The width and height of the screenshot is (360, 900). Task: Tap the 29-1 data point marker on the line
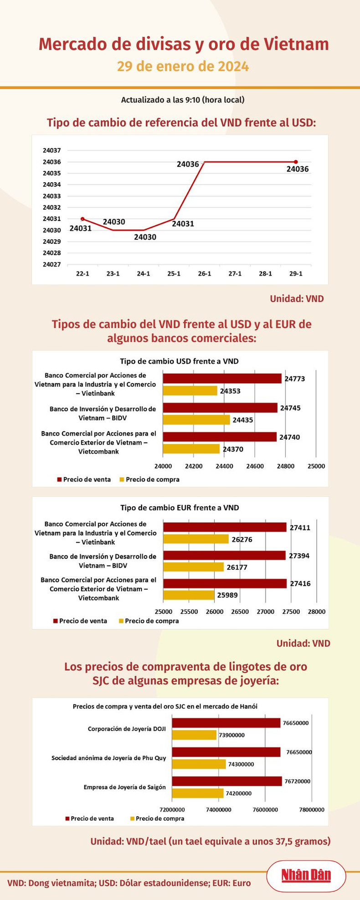pyautogui.click(x=296, y=162)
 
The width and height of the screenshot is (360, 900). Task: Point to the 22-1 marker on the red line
pyautogui.click(x=82, y=219)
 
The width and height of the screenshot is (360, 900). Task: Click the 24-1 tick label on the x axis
pyautogui.click(x=143, y=274)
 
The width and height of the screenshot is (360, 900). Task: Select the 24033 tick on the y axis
pyautogui.click(x=51, y=196)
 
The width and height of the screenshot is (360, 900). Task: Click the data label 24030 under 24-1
pyautogui.click(x=145, y=237)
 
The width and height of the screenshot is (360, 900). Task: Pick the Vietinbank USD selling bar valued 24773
pyautogui.click(x=222, y=378)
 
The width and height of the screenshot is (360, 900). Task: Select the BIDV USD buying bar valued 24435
pyautogui.click(x=196, y=420)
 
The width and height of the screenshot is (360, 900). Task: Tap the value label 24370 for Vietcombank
pyautogui.click(x=233, y=449)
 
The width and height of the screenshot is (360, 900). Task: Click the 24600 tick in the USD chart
pyautogui.click(x=255, y=466)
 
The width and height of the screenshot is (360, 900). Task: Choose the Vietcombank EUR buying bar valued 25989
pyautogui.click(x=189, y=595)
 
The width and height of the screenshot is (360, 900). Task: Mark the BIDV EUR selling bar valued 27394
pyautogui.click(x=224, y=555)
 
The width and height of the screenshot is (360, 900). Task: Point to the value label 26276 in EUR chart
pyautogui.click(x=242, y=540)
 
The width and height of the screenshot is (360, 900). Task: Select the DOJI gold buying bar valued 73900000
pyautogui.click(x=194, y=735)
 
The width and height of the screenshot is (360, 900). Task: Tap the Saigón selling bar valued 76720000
pyautogui.click(x=226, y=781)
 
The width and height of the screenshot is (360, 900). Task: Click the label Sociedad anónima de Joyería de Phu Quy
pyautogui.click(x=108, y=758)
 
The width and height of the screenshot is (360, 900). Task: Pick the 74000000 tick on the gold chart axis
pyautogui.click(x=219, y=810)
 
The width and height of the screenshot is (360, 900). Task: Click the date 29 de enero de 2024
pyautogui.click(x=183, y=67)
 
